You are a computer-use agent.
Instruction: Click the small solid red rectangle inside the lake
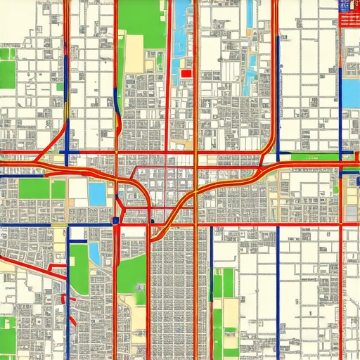186,72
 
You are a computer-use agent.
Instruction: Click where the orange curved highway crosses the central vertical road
194,191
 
